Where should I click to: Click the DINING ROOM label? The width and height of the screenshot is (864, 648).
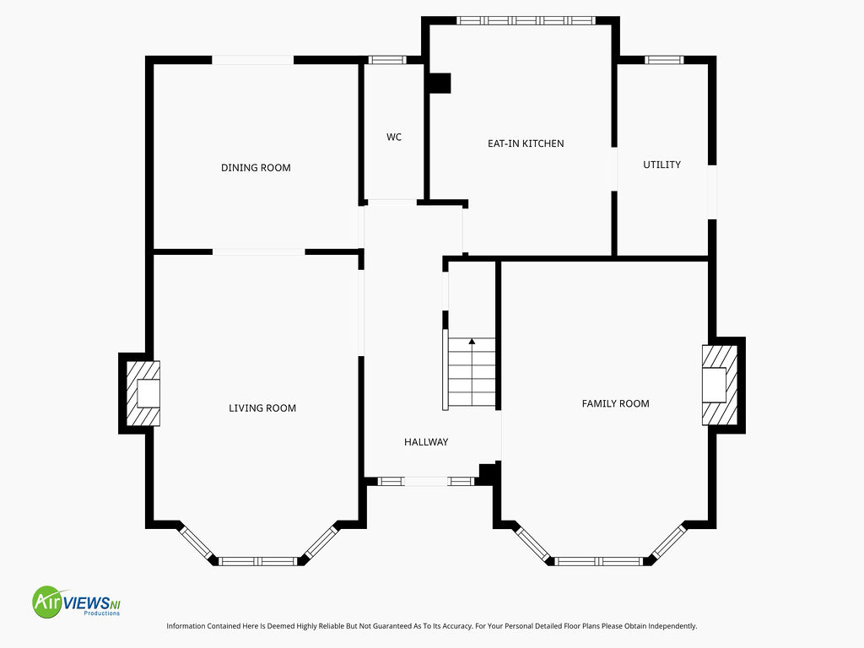[256, 168]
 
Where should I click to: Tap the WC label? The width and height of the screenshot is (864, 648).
[394, 137]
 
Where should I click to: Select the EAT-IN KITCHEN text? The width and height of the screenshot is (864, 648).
[526, 143]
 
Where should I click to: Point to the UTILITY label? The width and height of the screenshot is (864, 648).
[661, 165]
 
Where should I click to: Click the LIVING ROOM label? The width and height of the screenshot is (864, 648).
[262, 408]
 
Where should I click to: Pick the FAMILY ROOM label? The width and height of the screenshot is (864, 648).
[615, 403]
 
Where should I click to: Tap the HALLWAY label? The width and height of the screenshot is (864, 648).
[426, 442]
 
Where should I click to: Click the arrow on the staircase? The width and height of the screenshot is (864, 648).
[472, 342]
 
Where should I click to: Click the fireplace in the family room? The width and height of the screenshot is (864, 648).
[720, 385]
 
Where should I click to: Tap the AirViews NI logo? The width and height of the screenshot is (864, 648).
[77, 602]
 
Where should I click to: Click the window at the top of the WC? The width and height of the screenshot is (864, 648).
[386, 60]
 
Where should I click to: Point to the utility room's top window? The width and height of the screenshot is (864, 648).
[664, 60]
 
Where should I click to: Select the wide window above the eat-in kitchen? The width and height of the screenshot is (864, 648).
[526, 20]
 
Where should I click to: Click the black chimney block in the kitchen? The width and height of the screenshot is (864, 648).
[440, 84]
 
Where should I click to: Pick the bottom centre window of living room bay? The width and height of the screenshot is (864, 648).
[258, 561]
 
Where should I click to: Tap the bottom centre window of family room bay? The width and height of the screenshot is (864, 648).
[598, 561]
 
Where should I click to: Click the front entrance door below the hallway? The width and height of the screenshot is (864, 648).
[426, 482]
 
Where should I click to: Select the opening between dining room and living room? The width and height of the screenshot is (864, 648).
[258, 251]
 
